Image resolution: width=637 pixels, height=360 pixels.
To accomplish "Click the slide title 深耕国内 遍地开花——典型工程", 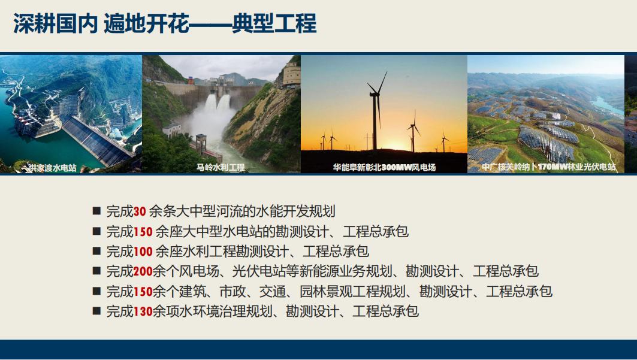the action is [x=165, y=23].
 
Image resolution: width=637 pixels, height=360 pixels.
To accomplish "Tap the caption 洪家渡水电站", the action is [x=52, y=168].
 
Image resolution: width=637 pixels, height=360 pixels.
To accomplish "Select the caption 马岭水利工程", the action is [x=221, y=167].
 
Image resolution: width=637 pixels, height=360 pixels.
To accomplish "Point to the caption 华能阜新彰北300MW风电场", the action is [x=384, y=167].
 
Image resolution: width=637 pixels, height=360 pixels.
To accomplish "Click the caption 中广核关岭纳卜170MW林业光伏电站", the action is [x=548, y=167].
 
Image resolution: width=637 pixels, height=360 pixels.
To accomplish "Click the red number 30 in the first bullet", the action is [x=140, y=211].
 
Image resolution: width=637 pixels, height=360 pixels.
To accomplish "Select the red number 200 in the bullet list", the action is [x=143, y=271].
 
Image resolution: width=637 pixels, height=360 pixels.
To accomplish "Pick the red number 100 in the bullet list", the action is [x=143, y=252].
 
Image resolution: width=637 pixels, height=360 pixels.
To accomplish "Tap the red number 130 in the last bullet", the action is [x=143, y=311].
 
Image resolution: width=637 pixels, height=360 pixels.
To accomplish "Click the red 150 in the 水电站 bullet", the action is [x=143, y=232].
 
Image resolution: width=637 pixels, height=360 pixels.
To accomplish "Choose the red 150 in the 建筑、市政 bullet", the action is [x=143, y=291].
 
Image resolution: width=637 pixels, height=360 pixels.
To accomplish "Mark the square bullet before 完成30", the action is [x=96, y=211].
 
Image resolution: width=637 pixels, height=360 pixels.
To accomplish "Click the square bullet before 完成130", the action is [x=96, y=311].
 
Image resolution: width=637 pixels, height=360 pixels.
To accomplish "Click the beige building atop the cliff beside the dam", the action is [x=292, y=75].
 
